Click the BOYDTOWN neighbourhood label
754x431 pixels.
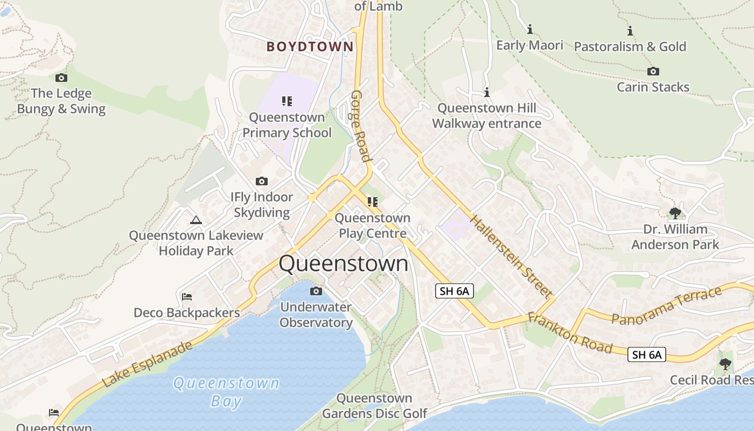pyautogui.click(x=310, y=47)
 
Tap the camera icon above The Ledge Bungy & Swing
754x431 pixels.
pyautogui.click(x=61, y=78)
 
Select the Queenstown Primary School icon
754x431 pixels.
pyautogui.click(x=287, y=101)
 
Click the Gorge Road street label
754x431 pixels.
pyautogui.click(x=361, y=126)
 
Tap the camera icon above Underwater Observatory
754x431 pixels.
pyautogui.click(x=316, y=291)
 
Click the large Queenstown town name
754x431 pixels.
pyautogui.click(x=344, y=263)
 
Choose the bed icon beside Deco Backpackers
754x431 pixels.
pyautogui.click(x=187, y=297)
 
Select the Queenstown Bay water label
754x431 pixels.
pyautogui.click(x=226, y=392)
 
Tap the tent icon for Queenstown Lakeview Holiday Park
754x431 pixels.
pyautogui.click(x=196, y=220)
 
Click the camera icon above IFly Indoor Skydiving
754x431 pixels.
pyautogui.click(x=262, y=182)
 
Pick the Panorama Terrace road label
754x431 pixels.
pyautogui.click(x=666, y=305)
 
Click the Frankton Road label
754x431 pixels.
pyautogui.click(x=570, y=333)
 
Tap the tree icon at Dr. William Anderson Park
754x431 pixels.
pyautogui.click(x=675, y=213)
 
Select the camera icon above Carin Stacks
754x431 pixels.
pyautogui.click(x=653, y=72)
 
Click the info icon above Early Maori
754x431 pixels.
pyautogui.click(x=530, y=29)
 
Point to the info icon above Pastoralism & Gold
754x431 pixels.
pyautogui.click(x=630, y=31)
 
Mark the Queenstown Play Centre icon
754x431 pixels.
pyautogui.click(x=372, y=202)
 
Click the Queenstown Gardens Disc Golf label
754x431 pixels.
pyautogui.click(x=374, y=406)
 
